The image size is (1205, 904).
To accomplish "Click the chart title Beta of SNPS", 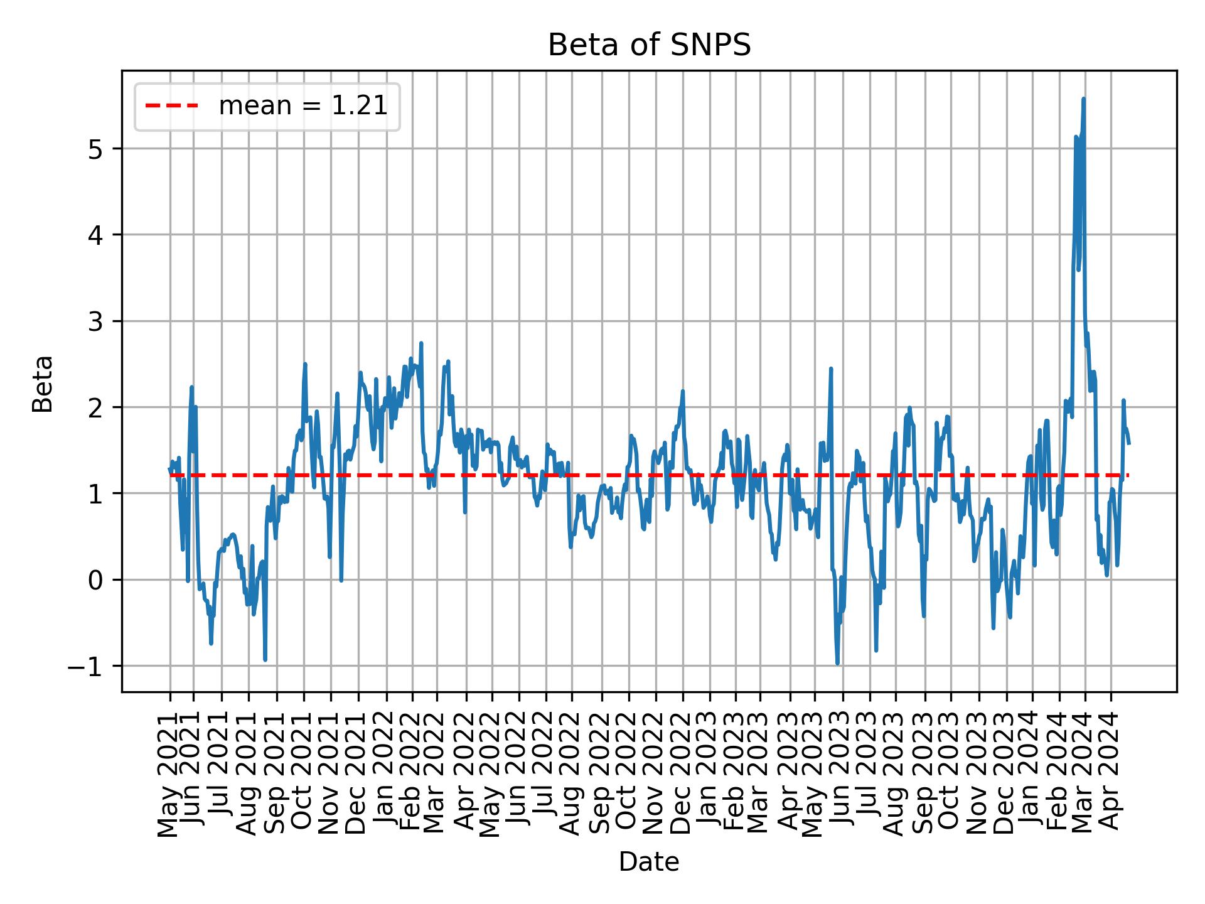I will click(649, 45).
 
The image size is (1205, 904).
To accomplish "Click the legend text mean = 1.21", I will click(303, 106).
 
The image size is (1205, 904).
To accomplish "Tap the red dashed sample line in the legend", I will click(172, 106).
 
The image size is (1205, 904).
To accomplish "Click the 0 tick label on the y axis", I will click(95, 580).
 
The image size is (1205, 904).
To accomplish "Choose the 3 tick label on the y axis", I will click(95, 321).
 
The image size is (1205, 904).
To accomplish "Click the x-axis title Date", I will click(649, 863).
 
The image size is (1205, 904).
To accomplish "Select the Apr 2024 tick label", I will click(1111, 771).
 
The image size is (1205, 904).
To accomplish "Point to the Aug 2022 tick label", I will click(572, 771).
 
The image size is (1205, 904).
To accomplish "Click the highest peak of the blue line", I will click(1084, 99).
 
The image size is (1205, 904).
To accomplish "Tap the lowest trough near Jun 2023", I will click(837, 663).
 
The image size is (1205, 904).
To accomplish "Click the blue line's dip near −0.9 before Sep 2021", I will click(265, 659).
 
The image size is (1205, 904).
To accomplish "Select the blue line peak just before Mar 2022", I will click(421, 343).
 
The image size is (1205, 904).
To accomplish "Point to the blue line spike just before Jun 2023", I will click(831, 369).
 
